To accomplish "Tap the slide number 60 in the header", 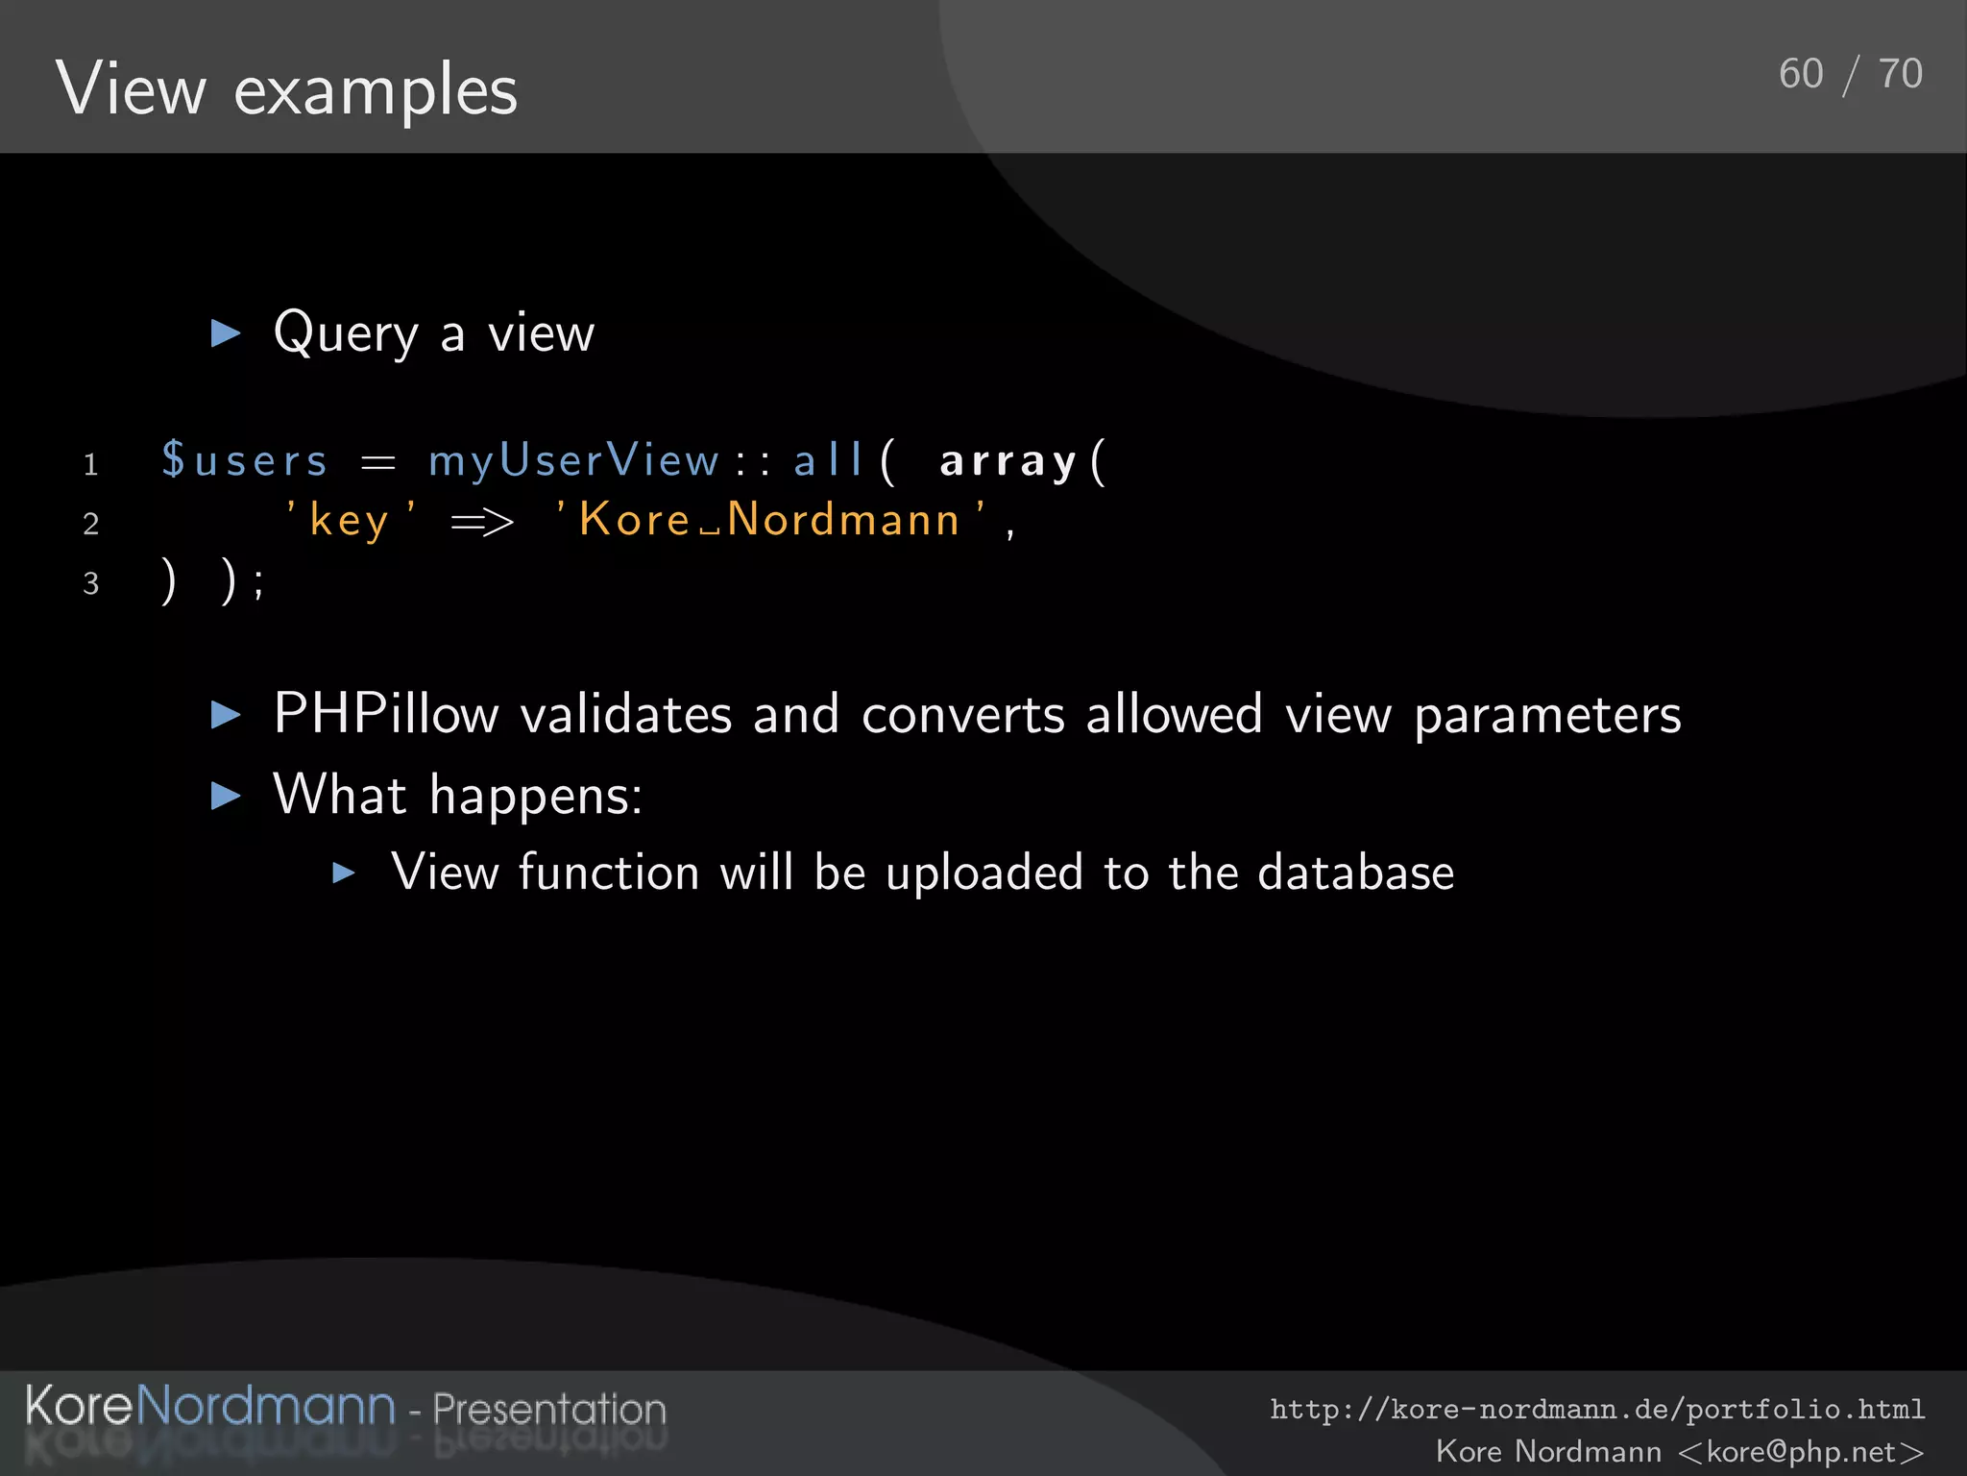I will (1801, 74).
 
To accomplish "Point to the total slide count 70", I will (1900, 74).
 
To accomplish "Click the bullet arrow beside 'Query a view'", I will (227, 333).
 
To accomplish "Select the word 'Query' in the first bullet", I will (346, 334).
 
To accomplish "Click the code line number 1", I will (91, 465).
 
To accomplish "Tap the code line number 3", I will (91, 583).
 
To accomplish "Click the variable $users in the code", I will (245, 460).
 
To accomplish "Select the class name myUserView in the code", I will (573, 460).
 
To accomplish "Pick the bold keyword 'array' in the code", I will (1008, 461).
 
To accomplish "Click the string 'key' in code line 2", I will (350, 521).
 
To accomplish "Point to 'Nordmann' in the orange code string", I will (843, 520).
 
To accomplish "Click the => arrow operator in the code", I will (482, 522).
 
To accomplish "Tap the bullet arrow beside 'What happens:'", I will (227, 795).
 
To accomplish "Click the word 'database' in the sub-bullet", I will (1355, 873).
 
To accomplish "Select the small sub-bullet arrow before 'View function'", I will (344, 873).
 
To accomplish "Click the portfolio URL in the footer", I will (1597, 1409).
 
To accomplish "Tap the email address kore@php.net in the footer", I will (1801, 1451).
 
